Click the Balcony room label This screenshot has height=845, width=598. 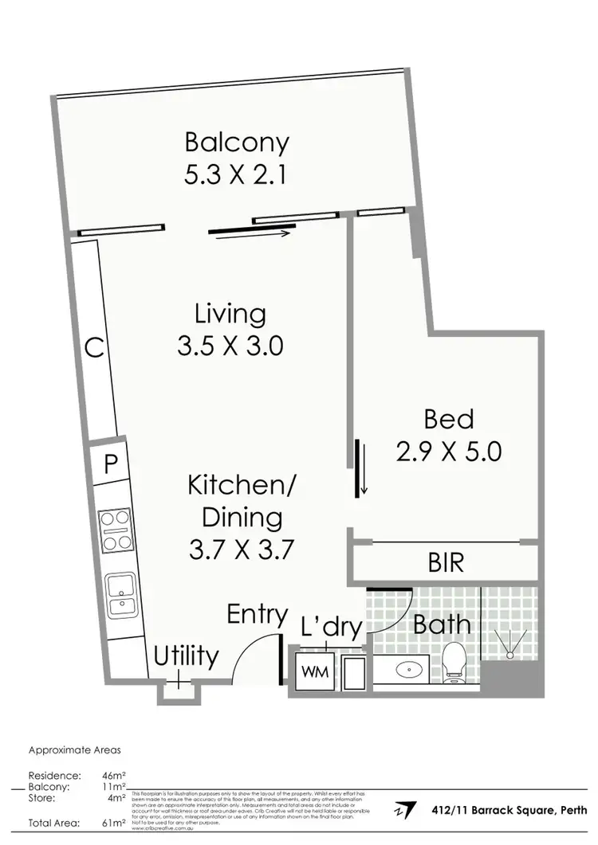(x=237, y=143)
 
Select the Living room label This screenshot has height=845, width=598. (x=230, y=314)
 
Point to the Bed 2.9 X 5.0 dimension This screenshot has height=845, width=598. (x=449, y=452)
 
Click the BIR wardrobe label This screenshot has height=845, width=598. (x=446, y=564)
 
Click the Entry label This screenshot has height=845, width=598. (x=257, y=614)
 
